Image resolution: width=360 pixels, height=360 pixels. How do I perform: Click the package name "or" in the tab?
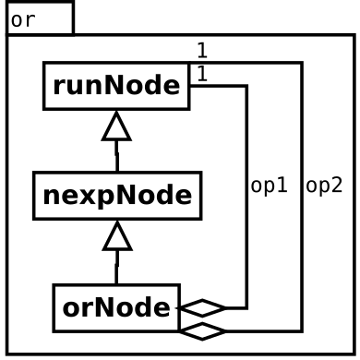23,20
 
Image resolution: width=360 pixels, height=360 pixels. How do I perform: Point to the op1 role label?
270,186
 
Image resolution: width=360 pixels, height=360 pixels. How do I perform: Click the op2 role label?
324,186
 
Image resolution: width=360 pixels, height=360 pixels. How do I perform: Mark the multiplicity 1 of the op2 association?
202,51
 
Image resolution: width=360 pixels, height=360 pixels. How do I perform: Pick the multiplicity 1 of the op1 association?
202,74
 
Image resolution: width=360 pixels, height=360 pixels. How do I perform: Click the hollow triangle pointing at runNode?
116,126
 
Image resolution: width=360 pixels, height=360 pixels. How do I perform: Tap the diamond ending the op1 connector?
202,307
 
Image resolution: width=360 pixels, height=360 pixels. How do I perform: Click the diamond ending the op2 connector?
202,331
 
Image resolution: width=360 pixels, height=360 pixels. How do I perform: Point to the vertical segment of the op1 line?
246,197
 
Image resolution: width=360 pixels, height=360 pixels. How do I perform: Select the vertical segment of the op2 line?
302,197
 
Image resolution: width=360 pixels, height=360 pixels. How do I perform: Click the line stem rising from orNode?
116,268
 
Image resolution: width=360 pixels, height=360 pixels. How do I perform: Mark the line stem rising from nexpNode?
116,156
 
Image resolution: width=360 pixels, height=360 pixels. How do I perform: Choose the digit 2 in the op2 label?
337,185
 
